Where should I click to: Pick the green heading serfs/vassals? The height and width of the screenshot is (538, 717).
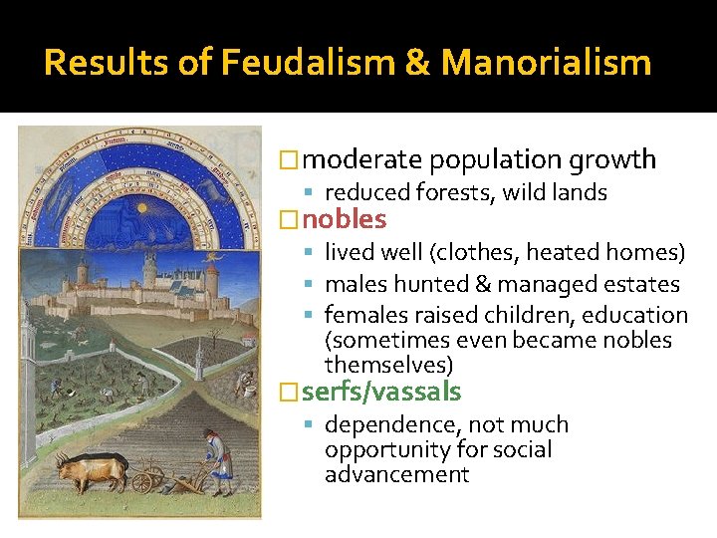(x=381, y=392)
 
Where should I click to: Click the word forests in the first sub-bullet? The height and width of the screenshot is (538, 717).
(x=449, y=192)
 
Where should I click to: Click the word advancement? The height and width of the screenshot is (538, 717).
(x=396, y=474)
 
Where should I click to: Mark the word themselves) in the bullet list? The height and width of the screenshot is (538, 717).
(x=388, y=365)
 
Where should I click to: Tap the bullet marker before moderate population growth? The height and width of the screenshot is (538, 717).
(x=289, y=160)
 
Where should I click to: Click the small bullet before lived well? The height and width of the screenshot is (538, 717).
(x=312, y=254)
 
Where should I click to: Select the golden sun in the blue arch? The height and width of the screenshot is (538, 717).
(x=138, y=210)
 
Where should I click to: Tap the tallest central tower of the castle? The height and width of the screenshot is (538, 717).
(x=150, y=268)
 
